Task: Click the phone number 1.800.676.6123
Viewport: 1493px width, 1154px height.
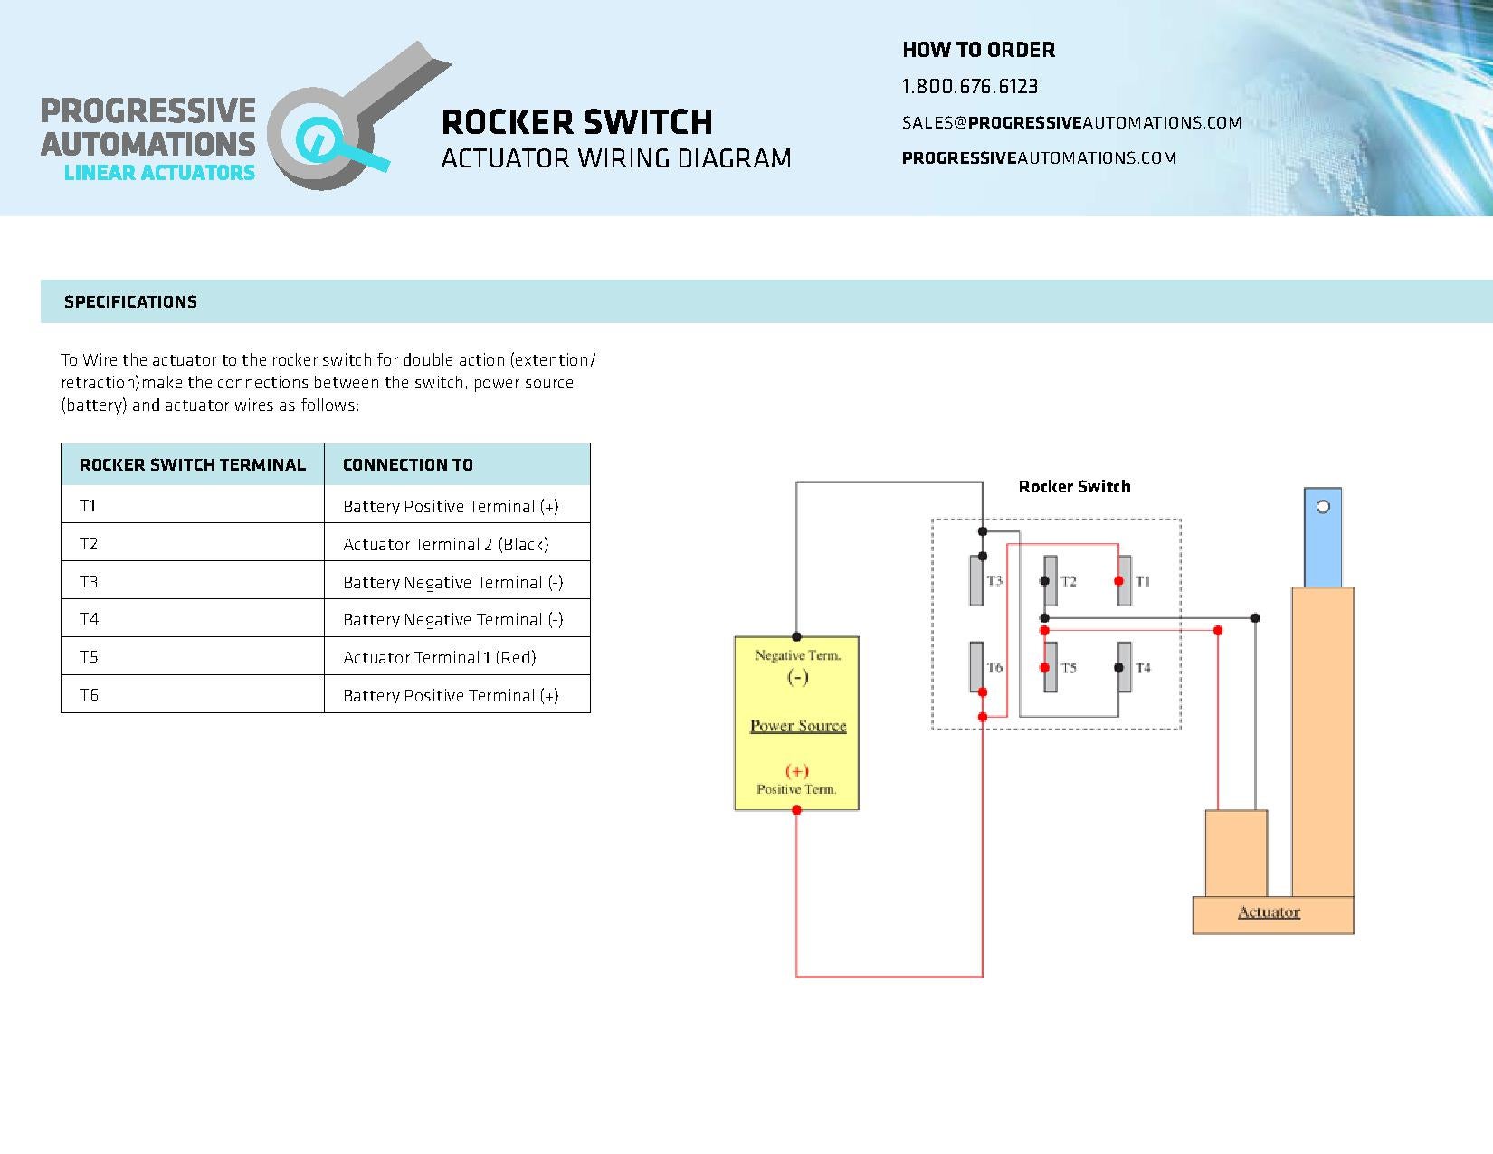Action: pos(969,86)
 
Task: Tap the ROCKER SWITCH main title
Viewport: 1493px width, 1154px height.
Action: pos(576,122)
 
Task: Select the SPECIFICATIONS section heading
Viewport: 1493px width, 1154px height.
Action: pos(130,302)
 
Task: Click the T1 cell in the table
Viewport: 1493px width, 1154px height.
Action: pos(88,506)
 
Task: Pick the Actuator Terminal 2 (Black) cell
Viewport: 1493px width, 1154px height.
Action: pos(445,544)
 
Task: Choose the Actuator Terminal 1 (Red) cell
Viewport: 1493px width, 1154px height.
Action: pos(439,658)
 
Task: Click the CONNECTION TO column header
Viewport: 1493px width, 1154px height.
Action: pos(407,465)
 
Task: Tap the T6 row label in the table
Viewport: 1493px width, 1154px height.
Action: pos(89,695)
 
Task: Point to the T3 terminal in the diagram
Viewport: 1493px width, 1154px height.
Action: pos(976,580)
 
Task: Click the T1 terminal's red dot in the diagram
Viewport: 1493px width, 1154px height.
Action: pos(1119,581)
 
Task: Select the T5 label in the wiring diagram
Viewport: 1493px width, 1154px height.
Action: pos(1069,668)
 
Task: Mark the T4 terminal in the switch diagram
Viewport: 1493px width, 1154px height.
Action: pos(1125,668)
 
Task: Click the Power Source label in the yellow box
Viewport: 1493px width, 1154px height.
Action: pos(798,726)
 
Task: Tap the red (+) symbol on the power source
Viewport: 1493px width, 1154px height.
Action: pos(797,770)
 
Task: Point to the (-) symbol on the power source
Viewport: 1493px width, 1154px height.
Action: pos(797,677)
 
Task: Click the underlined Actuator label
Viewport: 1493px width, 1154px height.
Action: pos(1269,912)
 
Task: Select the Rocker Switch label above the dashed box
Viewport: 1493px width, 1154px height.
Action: pos(1074,487)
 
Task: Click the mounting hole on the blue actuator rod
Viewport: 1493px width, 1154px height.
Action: pos(1323,507)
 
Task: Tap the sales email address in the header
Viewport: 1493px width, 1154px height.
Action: pos(1071,123)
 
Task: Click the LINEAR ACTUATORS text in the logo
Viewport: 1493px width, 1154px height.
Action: pos(159,173)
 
